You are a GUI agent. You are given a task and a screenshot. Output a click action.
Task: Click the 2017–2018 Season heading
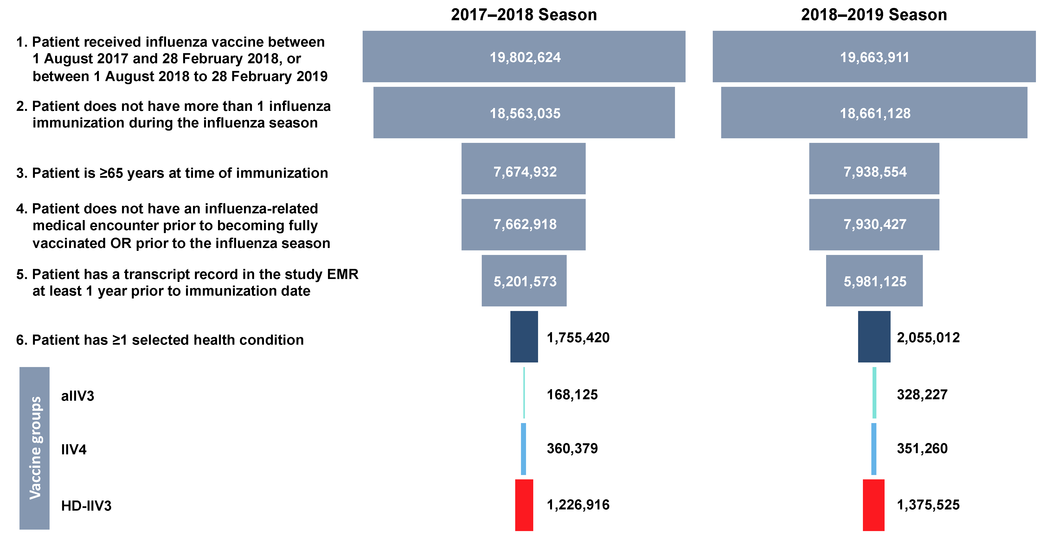[524, 15]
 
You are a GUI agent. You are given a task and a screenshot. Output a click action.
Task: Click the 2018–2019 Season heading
[874, 15]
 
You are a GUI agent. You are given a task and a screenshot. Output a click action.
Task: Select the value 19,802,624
[525, 57]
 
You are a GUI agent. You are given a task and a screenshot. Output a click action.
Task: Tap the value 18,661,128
[875, 113]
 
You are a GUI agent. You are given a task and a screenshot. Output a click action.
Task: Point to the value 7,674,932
[525, 172]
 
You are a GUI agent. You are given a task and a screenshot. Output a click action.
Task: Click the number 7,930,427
[875, 224]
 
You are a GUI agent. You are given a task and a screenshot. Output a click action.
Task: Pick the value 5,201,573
[525, 281]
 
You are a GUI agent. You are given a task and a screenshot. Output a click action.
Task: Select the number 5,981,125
[875, 281]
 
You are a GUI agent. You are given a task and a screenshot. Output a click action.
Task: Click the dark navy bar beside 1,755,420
[524, 337]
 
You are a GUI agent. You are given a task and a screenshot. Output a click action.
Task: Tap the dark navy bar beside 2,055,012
[874, 337]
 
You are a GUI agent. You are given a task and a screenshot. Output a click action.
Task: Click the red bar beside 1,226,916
[524, 505]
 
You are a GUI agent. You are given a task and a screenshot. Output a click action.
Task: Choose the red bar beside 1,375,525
[874, 505]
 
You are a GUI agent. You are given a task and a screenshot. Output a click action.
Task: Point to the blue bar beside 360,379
[524, 449]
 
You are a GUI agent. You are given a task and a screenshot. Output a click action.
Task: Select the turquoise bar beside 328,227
[874, 393]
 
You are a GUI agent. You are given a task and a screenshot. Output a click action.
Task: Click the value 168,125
[572, 395]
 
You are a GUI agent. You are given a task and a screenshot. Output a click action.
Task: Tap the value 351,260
[922, 448]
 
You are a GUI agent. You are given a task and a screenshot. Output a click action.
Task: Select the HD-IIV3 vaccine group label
[86, 506]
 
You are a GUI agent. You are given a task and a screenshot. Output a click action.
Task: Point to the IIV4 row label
[74, 450]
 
